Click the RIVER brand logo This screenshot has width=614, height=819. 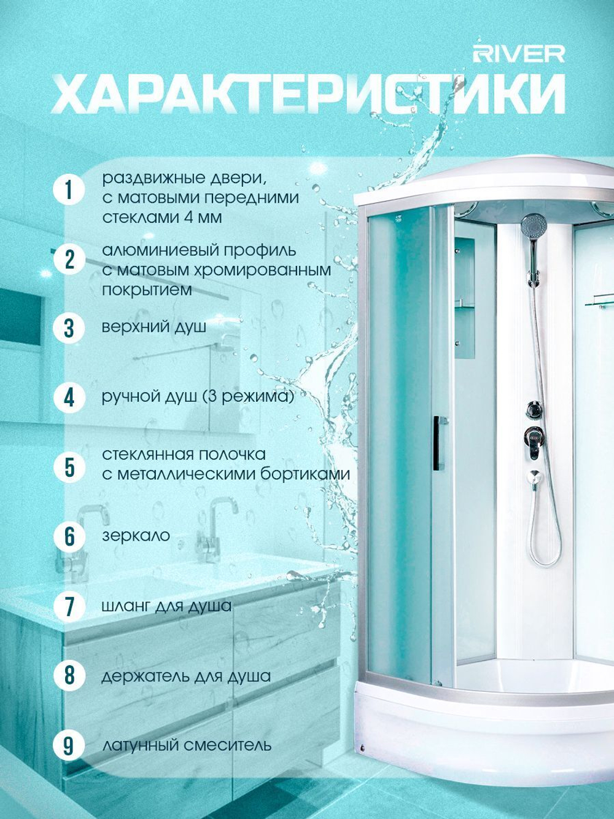click(519, 55)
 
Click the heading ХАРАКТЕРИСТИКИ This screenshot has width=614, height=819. click(308, 93)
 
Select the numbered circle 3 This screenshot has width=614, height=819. click(69, 328)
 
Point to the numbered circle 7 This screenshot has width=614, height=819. click(69, 606)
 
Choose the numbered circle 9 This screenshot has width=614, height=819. click(69, 745)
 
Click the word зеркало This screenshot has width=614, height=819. click(136, 535)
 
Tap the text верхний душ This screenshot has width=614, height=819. click(154, 328)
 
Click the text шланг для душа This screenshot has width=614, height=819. click(166, 606)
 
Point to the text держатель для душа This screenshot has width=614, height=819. click(186, 676)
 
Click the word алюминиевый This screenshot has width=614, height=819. click(159, 250)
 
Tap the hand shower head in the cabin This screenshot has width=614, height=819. click(534, 224)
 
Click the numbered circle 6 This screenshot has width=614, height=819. click(69, 536)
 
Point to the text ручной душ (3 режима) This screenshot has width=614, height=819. click(198, 398)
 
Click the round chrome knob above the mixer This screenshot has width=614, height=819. click(533, 409)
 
